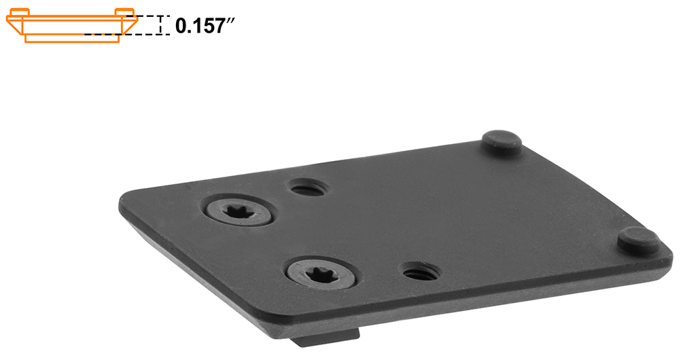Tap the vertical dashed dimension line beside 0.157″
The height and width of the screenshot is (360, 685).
[160, 25]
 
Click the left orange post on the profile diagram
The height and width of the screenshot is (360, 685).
[21, 12]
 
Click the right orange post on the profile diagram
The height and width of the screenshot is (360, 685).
[126, 12]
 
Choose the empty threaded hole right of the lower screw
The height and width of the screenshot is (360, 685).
[421, 272]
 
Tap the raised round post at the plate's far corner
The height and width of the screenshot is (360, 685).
[502, 141]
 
